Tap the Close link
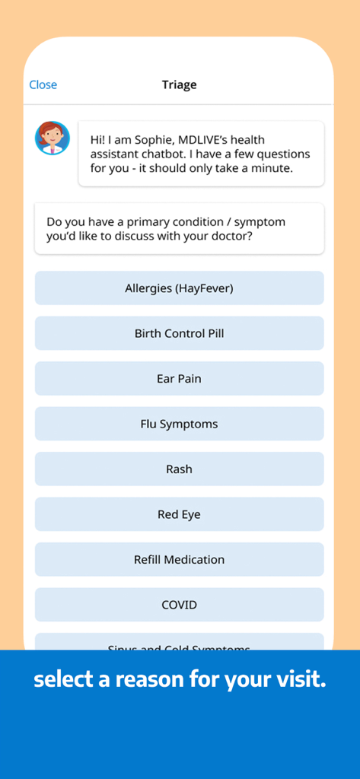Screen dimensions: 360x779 (x=43, y=84)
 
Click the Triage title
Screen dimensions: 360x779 (x=180, y=84)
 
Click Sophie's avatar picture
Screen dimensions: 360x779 (x=53, y=138)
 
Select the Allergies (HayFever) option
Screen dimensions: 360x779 (x=180, y=288)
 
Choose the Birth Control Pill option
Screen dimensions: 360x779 (x=180, y=333)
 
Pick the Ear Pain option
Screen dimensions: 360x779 (x=180, y=379)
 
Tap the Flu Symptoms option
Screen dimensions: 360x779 (x=180, y=424)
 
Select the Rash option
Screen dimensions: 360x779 (x=180, y=469)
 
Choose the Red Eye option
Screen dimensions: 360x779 (x=180, y=514)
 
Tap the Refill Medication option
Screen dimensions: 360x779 (x=180, y=560)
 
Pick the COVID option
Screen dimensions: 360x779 (x=180, y=605)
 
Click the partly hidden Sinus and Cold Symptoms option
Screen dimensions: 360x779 (x=180, y=643)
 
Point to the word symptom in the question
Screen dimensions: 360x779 (x=260, y=222)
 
